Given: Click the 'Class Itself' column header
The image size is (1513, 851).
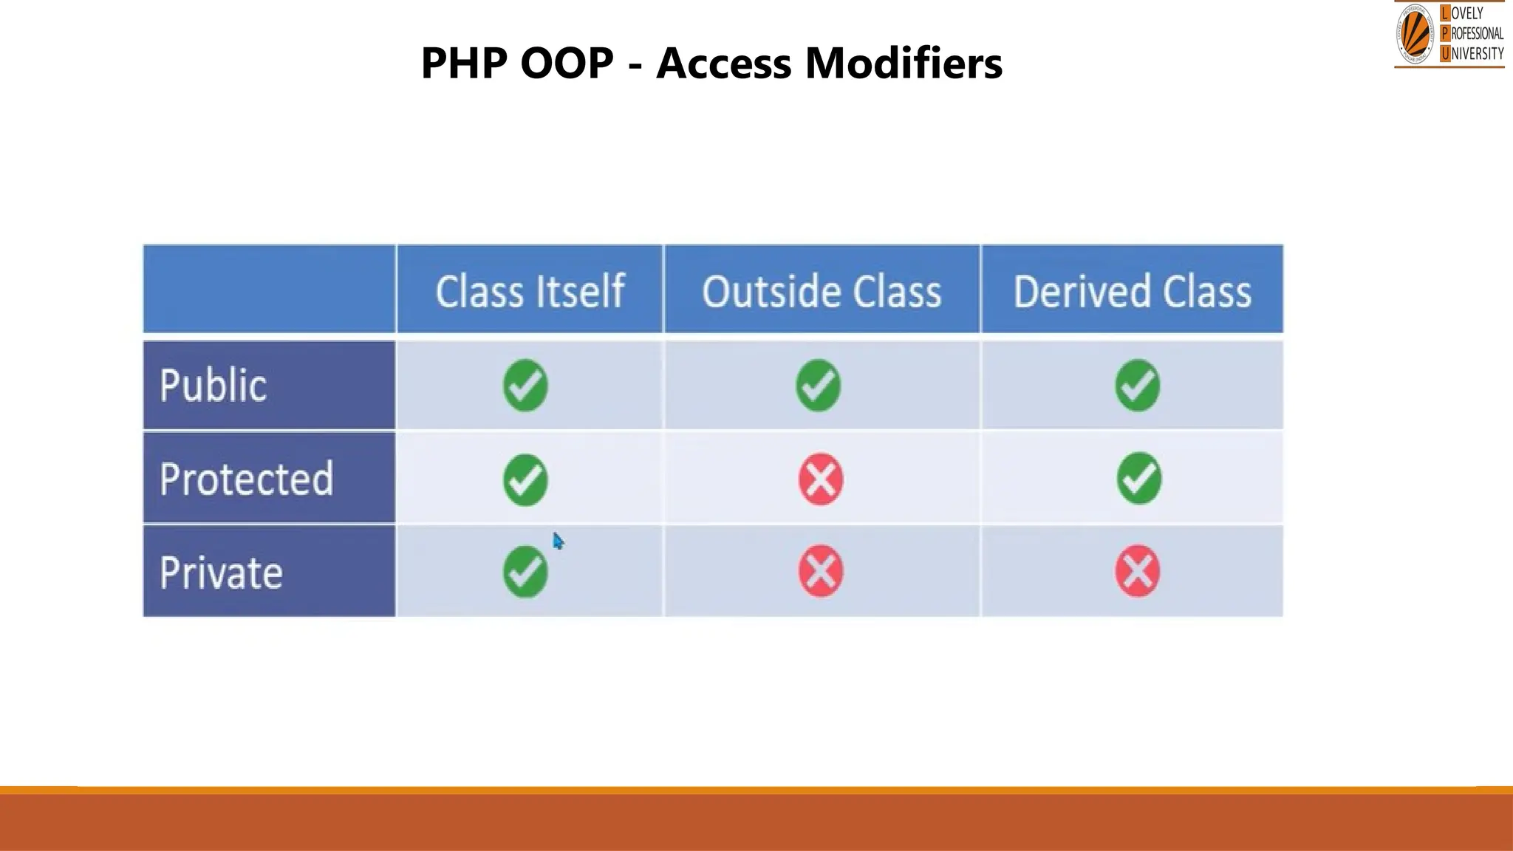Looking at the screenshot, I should click(x=530, y=291).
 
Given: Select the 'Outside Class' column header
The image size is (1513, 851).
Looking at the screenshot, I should click(x=822, y=291).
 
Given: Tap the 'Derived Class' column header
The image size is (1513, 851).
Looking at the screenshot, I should click(x=1132, y=291).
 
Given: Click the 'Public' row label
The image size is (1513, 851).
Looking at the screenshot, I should click(x=214, y=386).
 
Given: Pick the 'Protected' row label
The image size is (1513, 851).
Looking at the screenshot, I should click(x=247, y=479).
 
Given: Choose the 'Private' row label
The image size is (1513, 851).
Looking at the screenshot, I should click(x=222, y=573).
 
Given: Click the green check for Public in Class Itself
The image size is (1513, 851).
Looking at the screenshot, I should click(x=525, y=385).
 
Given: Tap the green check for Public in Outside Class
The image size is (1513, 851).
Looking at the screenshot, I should click(x=818, y=385).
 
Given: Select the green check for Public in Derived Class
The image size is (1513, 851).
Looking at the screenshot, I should click(x=1137, y=385).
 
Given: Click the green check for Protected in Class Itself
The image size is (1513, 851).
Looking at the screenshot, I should click(x=525, y=479).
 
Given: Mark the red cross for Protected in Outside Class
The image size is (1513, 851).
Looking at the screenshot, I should click(x=821, y=479).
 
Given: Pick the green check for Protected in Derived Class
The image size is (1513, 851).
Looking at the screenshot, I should click(x=1138, y=478).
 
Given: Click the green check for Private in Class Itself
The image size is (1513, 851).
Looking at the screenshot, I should click(x=525, y=571).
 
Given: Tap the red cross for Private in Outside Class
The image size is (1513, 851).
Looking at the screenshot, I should click(x=821, y=571).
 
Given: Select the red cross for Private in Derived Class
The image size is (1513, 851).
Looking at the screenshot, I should click(x=1137, y=571).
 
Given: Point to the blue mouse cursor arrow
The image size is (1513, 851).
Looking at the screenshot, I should click(x=558, y=541).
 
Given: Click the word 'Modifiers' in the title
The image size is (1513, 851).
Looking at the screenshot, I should click(x=904, y=63).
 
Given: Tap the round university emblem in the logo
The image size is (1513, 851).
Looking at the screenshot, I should click(x=1415, y=34).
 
